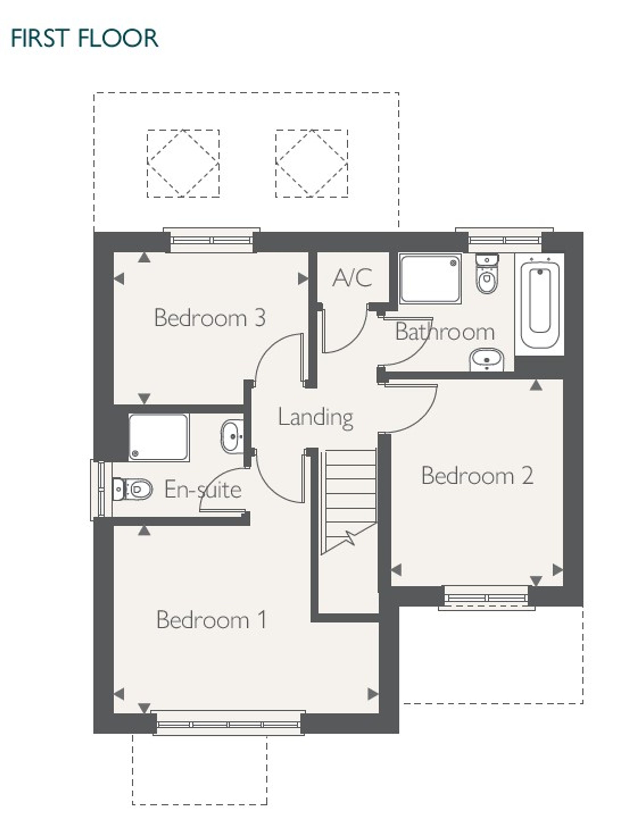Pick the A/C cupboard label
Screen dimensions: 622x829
coord(352,277)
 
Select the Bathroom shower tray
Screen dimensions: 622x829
coord(430,278)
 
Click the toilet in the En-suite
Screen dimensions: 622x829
coord(132,489)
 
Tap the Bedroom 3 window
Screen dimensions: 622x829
coord(212,240)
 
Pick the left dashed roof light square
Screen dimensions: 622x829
coord(183,163)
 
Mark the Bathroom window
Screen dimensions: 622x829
coord(504,240)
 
